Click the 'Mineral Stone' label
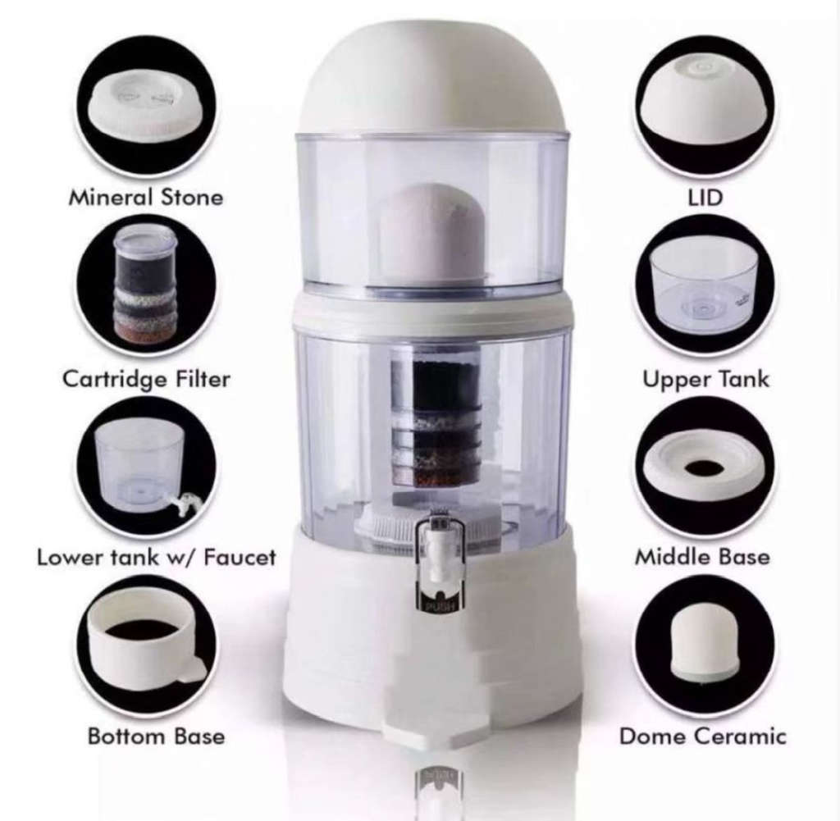pyautogui.click(x=145, y=198)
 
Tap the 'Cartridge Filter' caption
pyautogui.click(x=146, y=379)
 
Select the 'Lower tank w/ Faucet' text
pyautogui.click(x=156, y=558)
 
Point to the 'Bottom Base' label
pyautogui.click(x=156, y=736)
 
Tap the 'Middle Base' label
pyautogui.click(x=702, y=557)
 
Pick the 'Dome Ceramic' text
pyautogui.click(x=703, y=736)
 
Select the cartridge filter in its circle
pyautogui.click(x=145, y=283)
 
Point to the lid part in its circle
pyautogui.click(x=703, y=107)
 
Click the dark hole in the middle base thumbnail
pyautogui.click(x=703, y=468)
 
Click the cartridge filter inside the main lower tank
pyautogui.click(x=434, y=422)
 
